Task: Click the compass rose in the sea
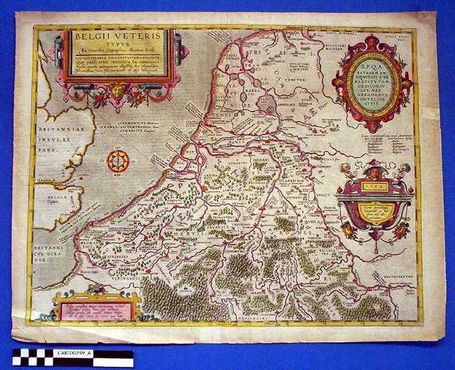click(118, 160)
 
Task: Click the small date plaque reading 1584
click(372, 186)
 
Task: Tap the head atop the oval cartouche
click(372, 43)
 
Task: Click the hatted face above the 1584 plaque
click(372, 171)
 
